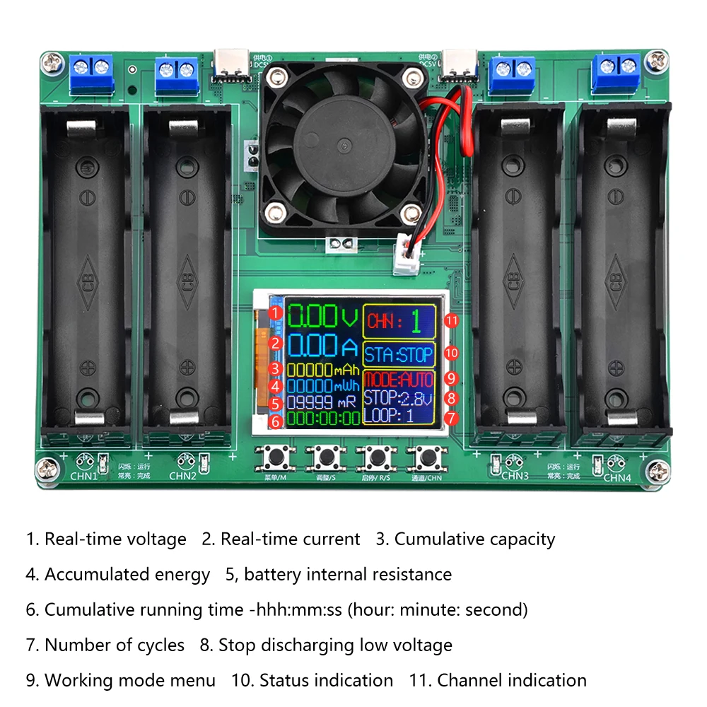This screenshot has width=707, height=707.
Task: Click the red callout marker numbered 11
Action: [x=452, y=321]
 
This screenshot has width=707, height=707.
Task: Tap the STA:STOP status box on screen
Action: [x=399, y=354]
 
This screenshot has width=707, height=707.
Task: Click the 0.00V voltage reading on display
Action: [x=322, y=315]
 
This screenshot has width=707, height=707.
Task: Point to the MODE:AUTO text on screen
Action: [x=399, y=379]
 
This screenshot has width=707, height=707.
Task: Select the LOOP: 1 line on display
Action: [x=389, y=416]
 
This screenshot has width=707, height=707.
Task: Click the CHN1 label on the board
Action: [x=83, y=475]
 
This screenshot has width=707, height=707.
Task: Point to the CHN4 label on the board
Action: [x=617, y=478]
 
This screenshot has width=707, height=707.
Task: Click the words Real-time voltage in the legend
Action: [x=115, y=539]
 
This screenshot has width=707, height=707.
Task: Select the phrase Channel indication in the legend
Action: [x=512, y=681]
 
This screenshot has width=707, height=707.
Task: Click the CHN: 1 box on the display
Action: [x=399, y=322]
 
